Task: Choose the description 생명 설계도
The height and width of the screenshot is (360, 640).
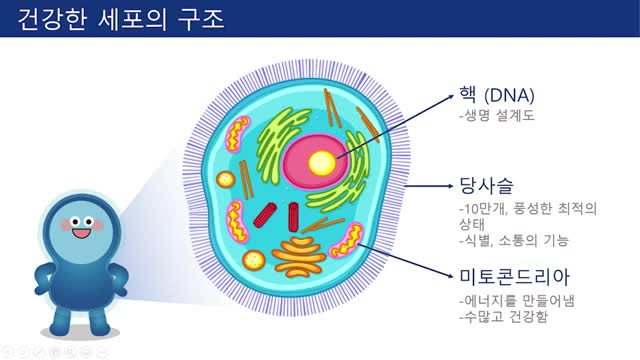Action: (498, 116)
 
